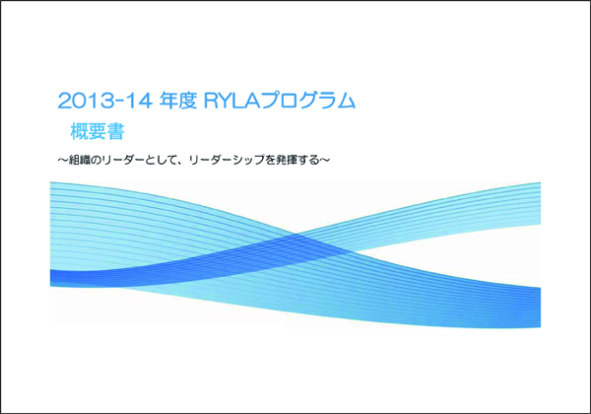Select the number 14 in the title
tap(140, 101)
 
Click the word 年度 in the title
tap(178, 101)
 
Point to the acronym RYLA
tap(232, 101)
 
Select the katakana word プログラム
tap(308, 101)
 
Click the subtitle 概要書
tap(98, 131)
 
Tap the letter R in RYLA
tap(212, 101)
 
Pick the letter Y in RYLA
tap(227, 101)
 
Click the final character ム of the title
tap(346, 101)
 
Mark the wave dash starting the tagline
tap(63, 160)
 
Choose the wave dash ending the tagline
tap(325, 160)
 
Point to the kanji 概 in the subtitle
tap(80, 131)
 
